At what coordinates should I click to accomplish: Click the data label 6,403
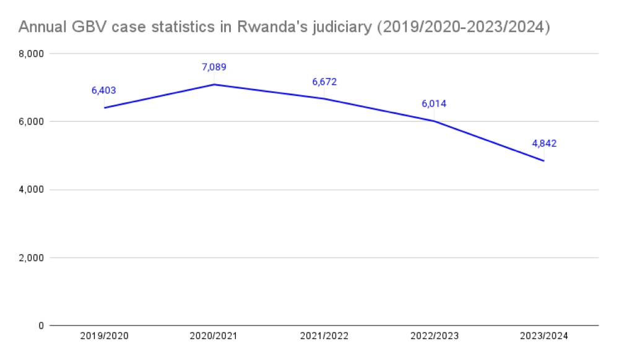click(103, 90)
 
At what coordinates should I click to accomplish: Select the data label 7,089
click(214, 67)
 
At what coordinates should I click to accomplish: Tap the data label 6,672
click(324, 81)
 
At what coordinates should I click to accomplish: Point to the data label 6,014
click(434, 103)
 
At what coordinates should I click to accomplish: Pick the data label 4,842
click(544, 144)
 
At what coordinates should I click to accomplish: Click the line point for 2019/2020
click(104, 108)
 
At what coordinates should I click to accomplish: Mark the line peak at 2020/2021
click(214, 84)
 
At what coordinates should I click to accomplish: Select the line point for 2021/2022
click(324, 98)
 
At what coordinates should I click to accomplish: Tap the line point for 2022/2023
click(434, 121)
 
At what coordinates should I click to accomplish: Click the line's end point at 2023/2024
click(544, 161)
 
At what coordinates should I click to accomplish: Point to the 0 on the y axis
click(40, 325)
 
